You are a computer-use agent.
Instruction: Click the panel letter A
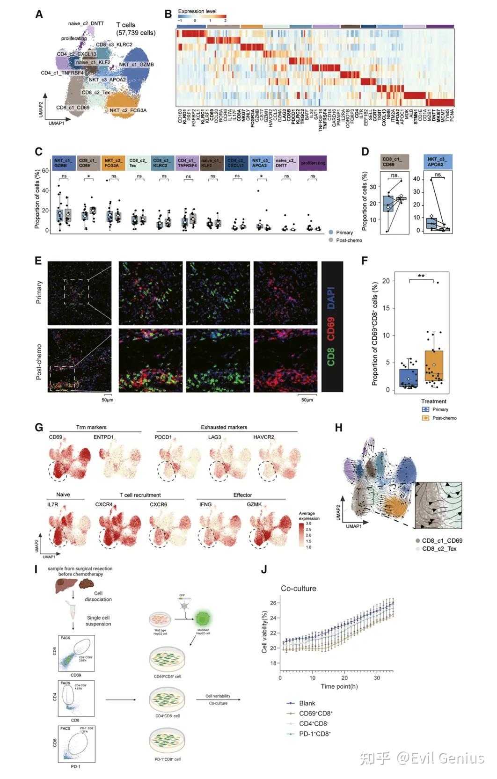(x=39, y=15)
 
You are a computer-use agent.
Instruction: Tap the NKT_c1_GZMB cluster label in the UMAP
(x=136, y=65)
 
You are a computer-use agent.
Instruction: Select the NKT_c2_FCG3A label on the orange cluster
(x=128, y=110)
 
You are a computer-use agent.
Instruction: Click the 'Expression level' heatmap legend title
(x=197, y=11)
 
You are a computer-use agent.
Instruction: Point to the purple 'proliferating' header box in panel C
(x=313, y=163)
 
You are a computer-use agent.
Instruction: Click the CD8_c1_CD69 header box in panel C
(x=88, y=163)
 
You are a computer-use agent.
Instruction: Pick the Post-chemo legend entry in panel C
(x=349, y=240)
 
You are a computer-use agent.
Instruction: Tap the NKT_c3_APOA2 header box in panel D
(x=438, y=162)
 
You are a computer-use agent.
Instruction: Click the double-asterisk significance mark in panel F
(x=421, y=276)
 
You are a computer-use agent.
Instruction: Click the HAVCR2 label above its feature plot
(x=263, y=437)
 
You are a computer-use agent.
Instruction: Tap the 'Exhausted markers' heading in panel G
(x=224, y=427)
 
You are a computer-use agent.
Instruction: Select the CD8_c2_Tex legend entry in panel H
(x=439, y=549)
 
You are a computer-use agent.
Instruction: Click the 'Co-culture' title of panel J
(x=299, y=589)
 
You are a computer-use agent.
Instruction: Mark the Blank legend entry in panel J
(x=307, y=703)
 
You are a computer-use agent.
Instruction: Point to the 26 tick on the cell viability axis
(x=273, y=603)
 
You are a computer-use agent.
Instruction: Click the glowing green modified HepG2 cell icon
(x=202, y=619)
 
